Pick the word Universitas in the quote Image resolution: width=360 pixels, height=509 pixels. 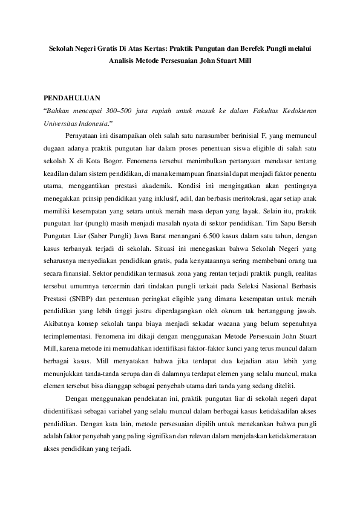[x=64, y=123]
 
